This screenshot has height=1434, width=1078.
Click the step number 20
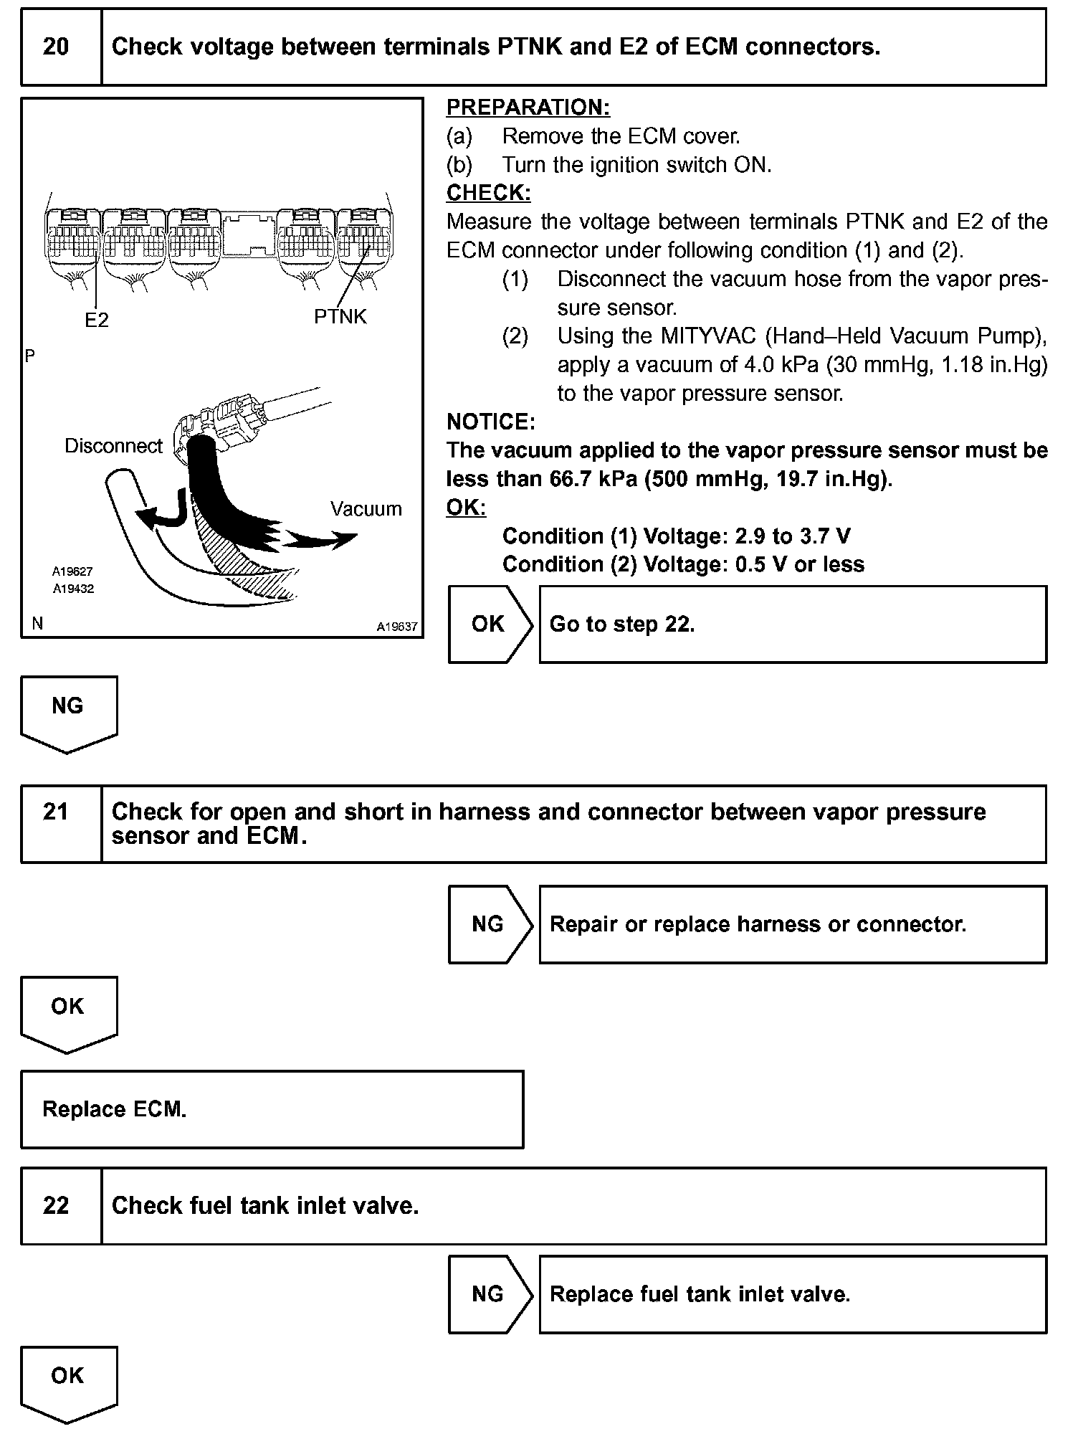[x=56, y=47]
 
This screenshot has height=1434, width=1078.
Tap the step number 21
[x=56, y=812]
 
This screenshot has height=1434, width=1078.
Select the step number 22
[x=56, y=1205]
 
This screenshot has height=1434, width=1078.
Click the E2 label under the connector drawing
[x=97, y=320]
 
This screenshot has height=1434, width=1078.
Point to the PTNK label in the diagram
[x=340, y=316]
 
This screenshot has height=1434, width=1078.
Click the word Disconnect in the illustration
[x=114, y=446]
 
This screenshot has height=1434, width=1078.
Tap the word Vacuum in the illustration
[x=366, y=509]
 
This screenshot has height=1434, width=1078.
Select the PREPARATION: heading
[x=528, y=107]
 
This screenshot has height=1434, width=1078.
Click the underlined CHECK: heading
[x=489, y=193]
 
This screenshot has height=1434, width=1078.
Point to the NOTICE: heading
[x=491, y=422]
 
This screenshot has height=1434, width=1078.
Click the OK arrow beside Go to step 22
[x=489, y=625]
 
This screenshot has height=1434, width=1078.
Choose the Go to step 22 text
[x=622, y=625]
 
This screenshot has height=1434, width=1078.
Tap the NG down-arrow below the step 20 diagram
[x=68, y=710]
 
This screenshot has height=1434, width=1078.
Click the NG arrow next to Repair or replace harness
[x=489, y=924]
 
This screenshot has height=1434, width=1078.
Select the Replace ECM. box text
[x=115, y=1109]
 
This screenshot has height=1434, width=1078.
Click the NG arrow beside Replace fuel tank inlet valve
[x=489, y=1294]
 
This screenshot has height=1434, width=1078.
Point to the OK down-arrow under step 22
[x=68, y=1380]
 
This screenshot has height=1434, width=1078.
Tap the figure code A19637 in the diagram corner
[x=397, y=627]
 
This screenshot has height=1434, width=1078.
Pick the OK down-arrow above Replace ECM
[x=68, y=1010]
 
